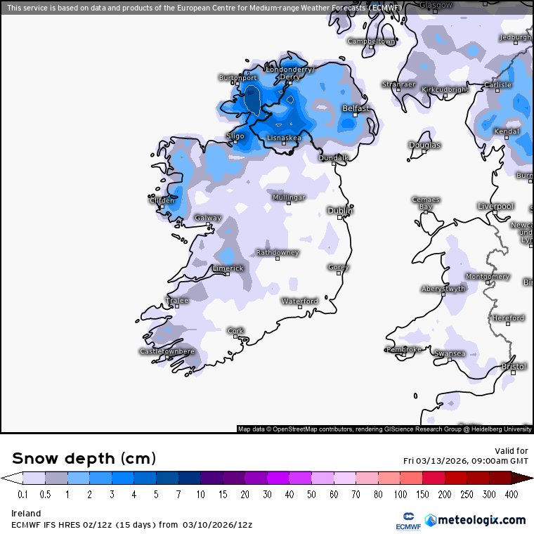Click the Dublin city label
coord(341,210)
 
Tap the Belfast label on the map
coord(356,108)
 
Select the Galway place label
coord(208,218)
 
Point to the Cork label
coord(235,330)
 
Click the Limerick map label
coord(228,268)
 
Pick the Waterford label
coord(300,301)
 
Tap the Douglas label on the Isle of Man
coord(425,145)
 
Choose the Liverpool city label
coord(495,206)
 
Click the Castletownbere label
coord(167,351)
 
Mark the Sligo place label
coord(235,136)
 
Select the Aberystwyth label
coord(443,288)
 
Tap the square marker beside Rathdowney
coord(278,259)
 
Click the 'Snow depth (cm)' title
coord(83,458)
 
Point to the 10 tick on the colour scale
coord(201,495)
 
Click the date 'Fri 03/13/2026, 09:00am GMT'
coord(466,461)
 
